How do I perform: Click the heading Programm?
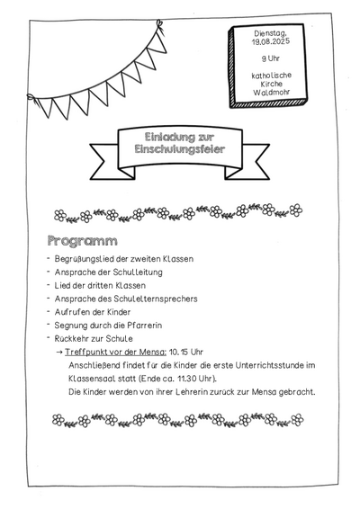point(83,242)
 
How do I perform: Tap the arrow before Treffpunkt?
point(59,352)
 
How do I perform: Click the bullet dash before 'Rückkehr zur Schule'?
point(49,337)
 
